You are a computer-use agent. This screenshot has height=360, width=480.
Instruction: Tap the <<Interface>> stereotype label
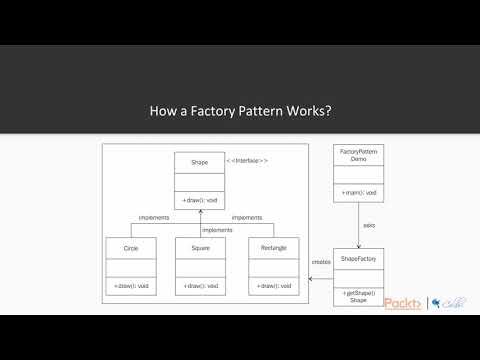click(x=247, y=160)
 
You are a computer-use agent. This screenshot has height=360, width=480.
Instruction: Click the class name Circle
click(x=131, y=246)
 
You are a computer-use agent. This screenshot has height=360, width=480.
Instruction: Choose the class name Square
click(x=199, y=246)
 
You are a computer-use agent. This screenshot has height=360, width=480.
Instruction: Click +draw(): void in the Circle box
click(x=131, y=287)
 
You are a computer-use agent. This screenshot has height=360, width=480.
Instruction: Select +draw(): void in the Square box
click(x=199, y=287)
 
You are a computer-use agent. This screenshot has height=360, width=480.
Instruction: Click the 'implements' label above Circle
click(x=152, y=217)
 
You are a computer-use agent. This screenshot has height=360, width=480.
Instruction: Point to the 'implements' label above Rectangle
click(x=247, y=217)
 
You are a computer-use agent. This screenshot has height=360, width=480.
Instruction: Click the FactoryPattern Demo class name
click(x=358, y=156)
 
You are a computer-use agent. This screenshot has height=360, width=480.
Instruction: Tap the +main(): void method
click(x=358, y=191)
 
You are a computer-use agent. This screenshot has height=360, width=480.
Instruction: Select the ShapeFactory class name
click(x=358, y=257)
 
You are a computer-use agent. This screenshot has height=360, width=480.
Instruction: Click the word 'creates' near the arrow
click(x=321, y=262)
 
